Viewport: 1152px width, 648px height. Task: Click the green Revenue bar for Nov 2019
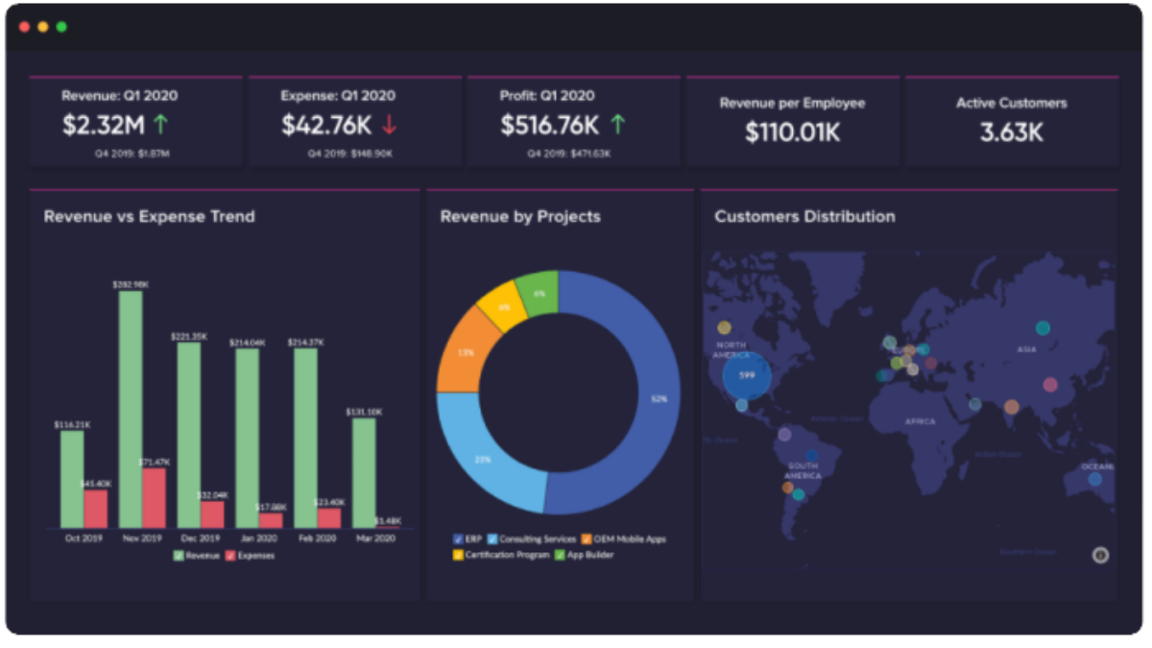131,408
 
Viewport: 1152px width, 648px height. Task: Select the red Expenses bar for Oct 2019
96,508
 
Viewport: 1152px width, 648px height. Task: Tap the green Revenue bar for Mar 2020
364,471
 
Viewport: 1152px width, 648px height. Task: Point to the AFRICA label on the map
920,421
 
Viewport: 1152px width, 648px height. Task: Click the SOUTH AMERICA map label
803,470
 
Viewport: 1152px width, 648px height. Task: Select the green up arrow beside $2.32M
160,124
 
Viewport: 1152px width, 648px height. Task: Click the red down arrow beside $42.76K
389,125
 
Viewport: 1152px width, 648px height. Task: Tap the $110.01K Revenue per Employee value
792,132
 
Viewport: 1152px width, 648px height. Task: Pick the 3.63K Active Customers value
1011,132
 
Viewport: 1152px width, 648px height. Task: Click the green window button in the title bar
61,26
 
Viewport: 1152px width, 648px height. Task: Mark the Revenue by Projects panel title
520,217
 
